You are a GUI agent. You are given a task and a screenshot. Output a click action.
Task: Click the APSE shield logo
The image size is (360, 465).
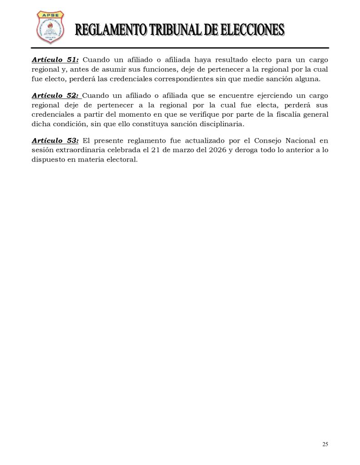click(x=50, y=28)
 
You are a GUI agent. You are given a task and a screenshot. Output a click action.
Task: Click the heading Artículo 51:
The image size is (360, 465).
click(x=55, y=60)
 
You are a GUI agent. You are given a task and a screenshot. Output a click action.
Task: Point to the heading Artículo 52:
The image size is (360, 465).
click(x=55, y=96)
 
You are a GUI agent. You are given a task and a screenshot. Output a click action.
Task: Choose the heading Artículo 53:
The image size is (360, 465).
click(x=55, y=141)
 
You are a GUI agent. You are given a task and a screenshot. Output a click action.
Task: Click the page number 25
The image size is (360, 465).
click(x=325, y=444)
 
